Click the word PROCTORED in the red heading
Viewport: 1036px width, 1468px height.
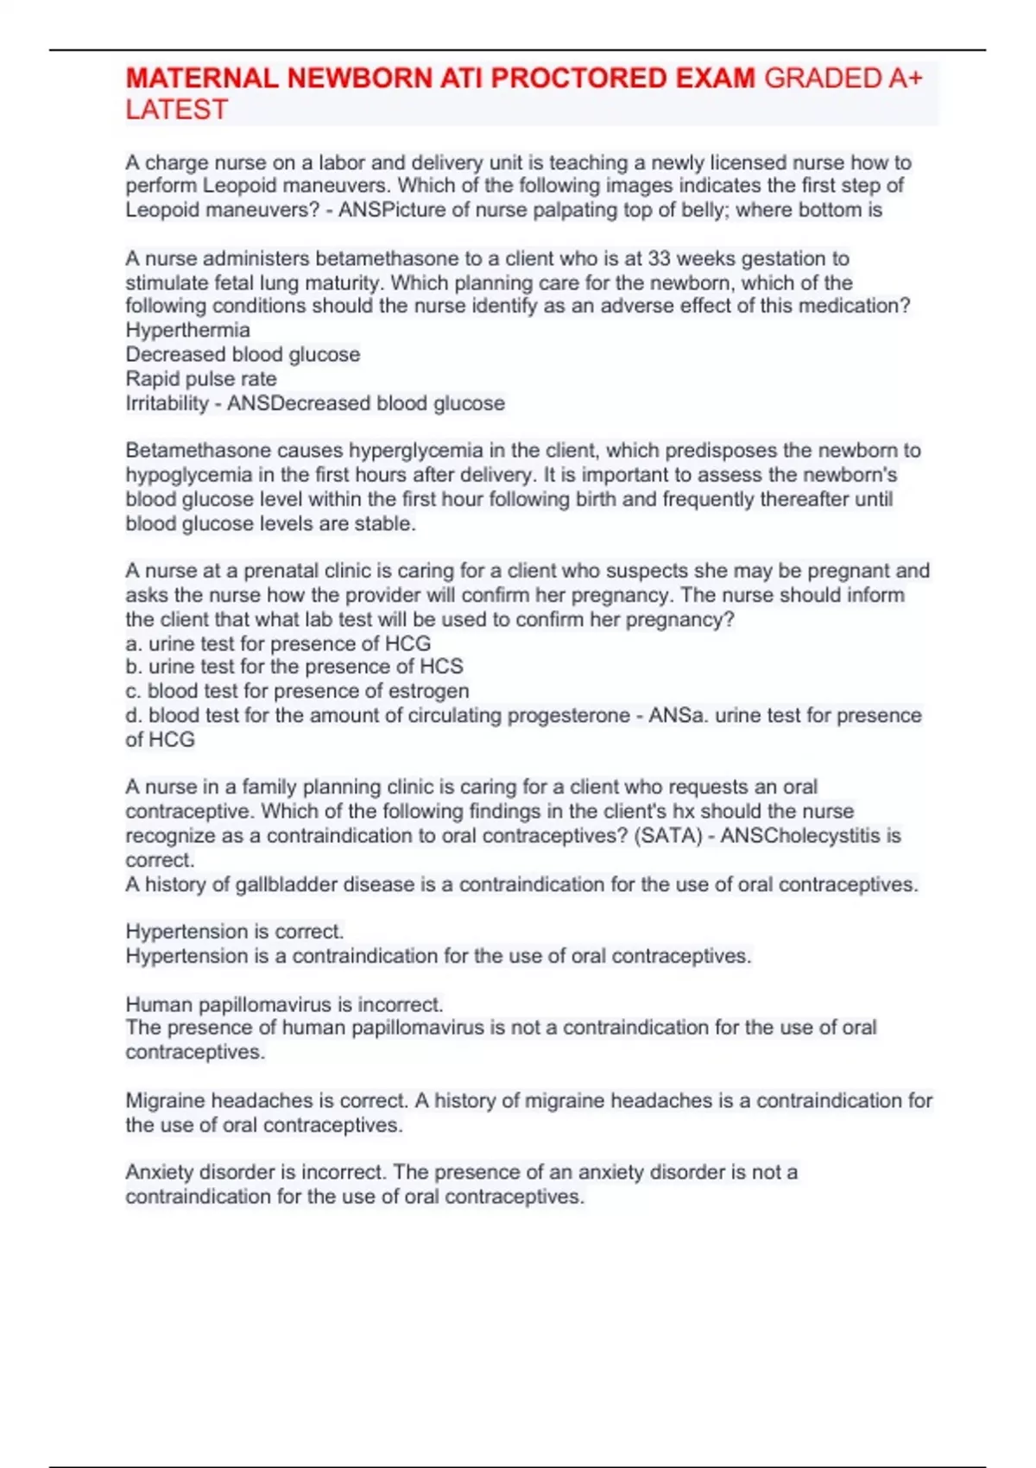click(x=580, y=79)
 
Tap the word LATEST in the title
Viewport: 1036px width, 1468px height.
click(x=176, y=110)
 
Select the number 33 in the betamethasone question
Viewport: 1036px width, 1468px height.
click(x=661, y=258)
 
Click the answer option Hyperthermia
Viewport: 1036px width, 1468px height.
click(x=187, y=330)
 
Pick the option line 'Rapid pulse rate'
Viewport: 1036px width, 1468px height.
click(x=201, y=378)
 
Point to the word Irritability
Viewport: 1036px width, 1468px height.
click(x=167, y=403)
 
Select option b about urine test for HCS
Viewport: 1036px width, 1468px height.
click(x=294, y=667)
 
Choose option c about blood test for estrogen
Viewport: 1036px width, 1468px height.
click(x=297, y=691)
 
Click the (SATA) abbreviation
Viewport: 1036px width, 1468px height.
click(x=667, y=835)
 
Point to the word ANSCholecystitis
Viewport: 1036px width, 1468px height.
click(x=801, y=835)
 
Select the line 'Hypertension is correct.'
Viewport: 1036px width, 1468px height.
click(x=234, y=931)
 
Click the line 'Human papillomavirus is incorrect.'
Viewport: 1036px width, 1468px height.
click(x=284, y=1004)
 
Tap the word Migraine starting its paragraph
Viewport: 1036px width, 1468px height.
click(x=165, y=1100)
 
